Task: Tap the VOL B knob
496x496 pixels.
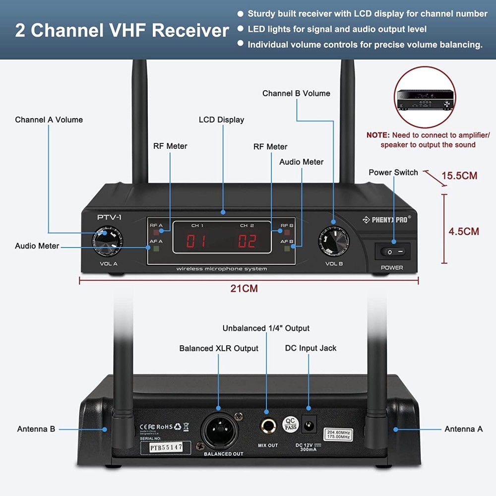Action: (334, 240)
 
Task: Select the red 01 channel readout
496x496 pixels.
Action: (196, 241)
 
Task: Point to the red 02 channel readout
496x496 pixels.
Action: (247, 241)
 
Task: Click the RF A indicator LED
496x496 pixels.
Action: (156, 232)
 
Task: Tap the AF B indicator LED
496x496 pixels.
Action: (287, 248)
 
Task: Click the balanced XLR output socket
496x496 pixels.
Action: (219, 431)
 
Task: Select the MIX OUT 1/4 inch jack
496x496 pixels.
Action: (267, 426)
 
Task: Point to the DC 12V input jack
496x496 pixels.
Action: (310, 425)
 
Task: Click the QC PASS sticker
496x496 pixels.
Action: (291, 424)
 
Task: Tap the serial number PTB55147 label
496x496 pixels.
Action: (166, 447)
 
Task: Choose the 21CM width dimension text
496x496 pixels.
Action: (244, 288)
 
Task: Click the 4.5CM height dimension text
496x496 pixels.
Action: (463, 231)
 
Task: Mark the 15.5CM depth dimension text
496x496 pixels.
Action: (459, 176)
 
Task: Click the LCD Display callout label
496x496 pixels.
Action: (221, 120)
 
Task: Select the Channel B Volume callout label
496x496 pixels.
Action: (296, 93)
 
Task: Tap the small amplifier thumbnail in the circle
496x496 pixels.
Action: (425, 98)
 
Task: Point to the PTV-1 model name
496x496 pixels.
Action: (109, 217)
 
